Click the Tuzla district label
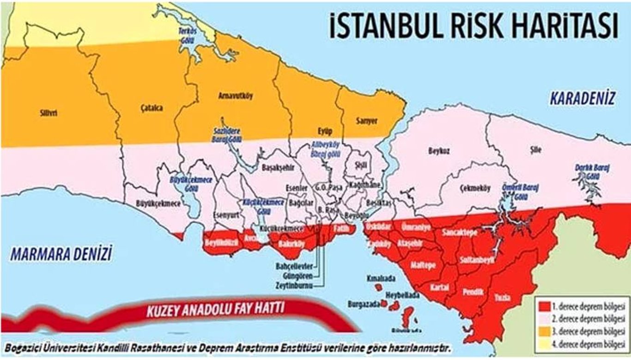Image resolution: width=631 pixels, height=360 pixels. (x=502, y=298)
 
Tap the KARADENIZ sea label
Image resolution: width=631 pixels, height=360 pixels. (x=582, y=98)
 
